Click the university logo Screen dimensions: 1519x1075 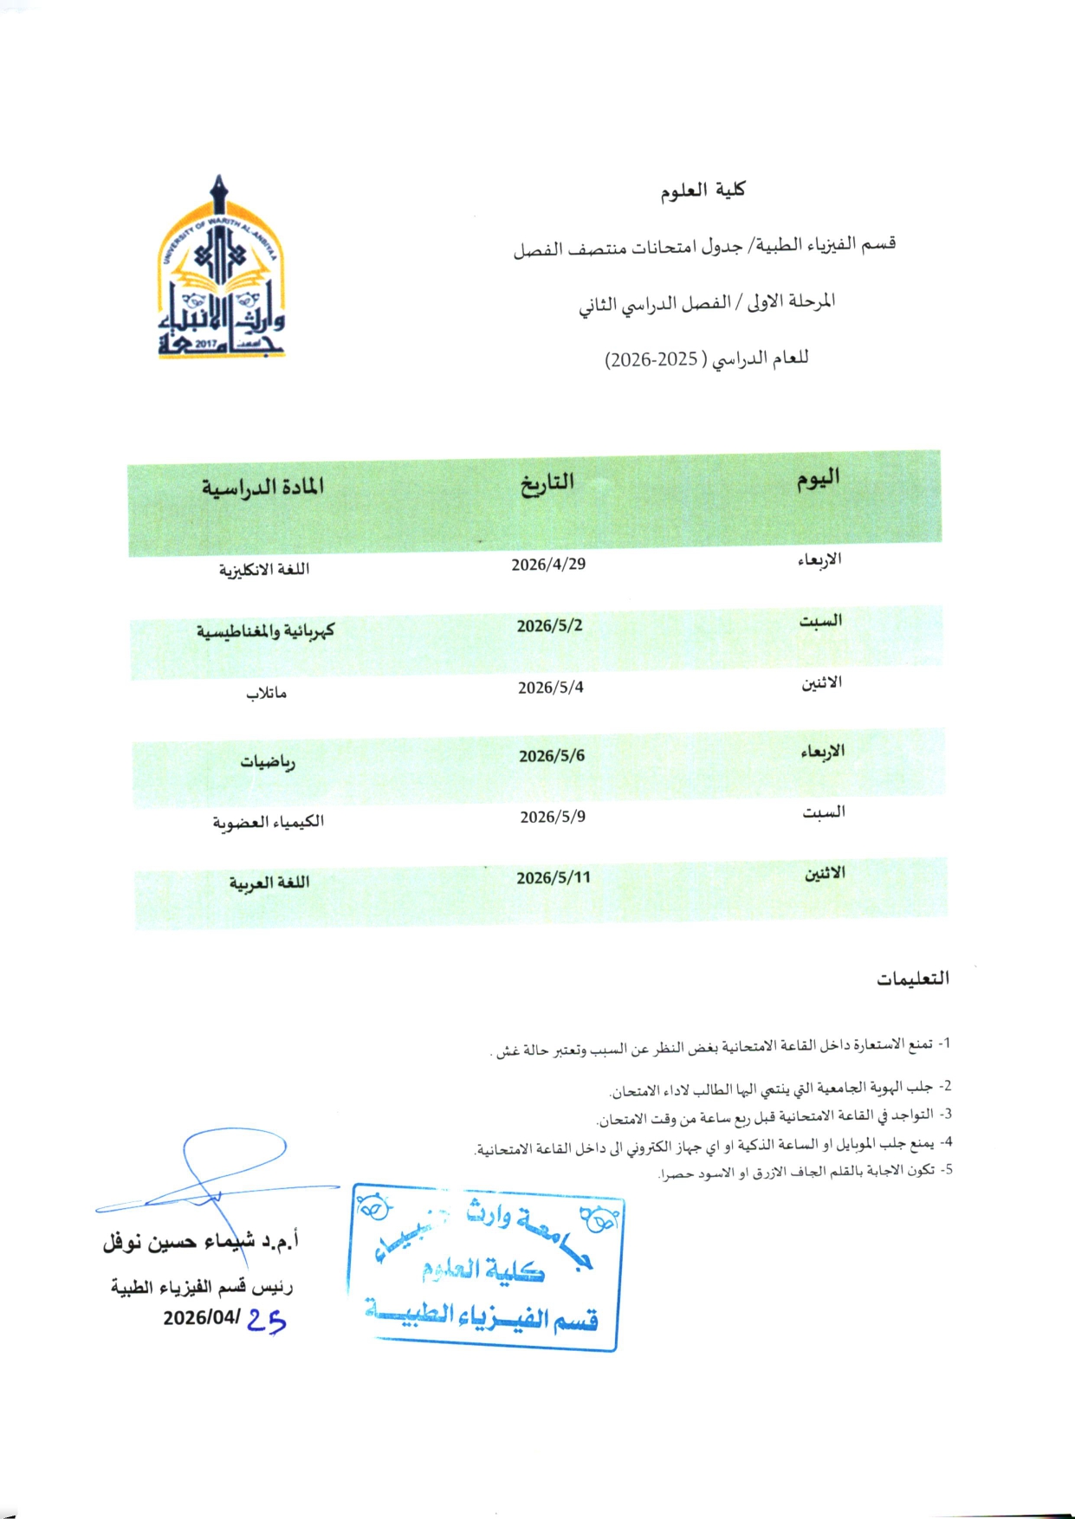click(x=222, y=269)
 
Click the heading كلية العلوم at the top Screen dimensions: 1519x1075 click(x=703, y=190)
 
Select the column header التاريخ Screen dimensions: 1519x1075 click(x=547, y=482)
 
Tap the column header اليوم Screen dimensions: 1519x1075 click(x=818, y=478)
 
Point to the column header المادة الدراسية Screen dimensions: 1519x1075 click(x=263, y=486)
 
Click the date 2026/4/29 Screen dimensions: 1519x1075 click(x=548, y=565)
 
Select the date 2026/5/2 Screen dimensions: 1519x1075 click(x=549, y=626)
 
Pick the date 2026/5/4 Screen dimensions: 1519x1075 click(x=550, y=688)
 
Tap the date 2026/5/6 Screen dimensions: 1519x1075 click(x=551, y=756)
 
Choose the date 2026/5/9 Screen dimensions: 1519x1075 click(x=553, y=817)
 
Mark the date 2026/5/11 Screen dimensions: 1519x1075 click(x=553, y=878)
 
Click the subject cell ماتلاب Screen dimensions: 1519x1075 click(x=266, y=693)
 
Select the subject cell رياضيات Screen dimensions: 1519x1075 click(x=268, y=762)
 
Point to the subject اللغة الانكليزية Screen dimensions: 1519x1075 click(x=264, y=569)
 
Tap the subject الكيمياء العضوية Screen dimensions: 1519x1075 click(x=269, y=822)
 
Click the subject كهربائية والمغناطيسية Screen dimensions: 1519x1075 click(x=265, y=630)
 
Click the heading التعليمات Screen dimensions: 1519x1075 click(x=912, y=979)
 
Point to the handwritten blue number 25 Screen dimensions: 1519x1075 click(x=267, y=1320)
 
